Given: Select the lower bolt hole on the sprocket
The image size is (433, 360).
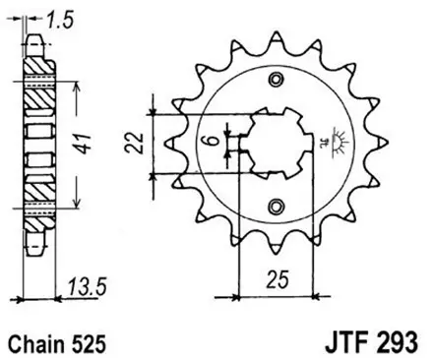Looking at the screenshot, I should (x=275, y=205).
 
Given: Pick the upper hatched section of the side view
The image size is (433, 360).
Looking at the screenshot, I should (x=40, y=93).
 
